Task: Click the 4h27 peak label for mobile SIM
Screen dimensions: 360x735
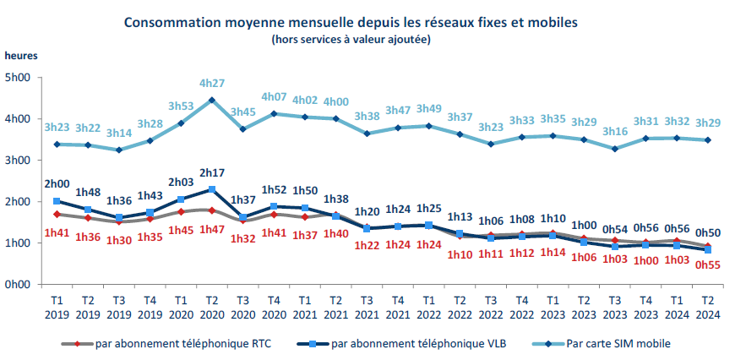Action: coord(212,83)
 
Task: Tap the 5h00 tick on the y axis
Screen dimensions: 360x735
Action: coord(19,78)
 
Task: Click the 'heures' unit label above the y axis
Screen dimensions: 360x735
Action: coord(21,55)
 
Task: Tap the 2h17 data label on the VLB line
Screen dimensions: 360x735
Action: coord(212,173)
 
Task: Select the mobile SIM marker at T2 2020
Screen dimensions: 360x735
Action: coord(212,100)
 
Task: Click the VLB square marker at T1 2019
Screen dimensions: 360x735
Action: coord(57,201)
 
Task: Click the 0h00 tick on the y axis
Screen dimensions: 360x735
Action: coord(19,285)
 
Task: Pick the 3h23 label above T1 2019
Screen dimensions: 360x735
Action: coord(57,128)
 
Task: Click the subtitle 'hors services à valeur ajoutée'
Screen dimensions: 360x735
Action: coord(351,39)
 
